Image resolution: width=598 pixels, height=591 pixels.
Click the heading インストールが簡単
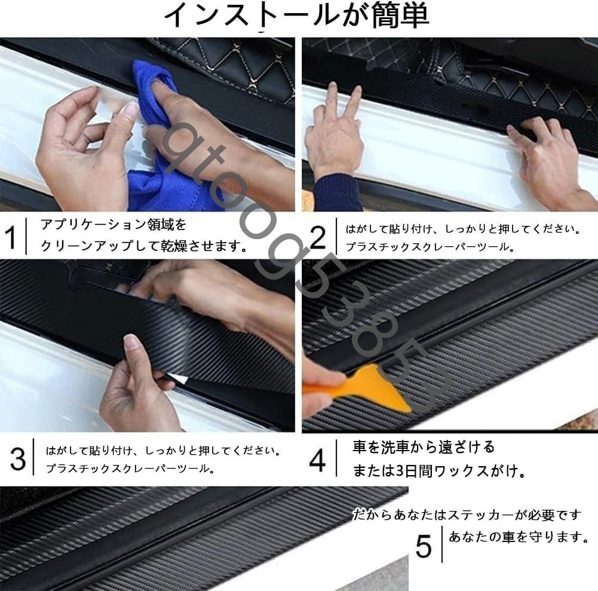297,16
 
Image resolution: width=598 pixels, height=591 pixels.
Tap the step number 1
11,237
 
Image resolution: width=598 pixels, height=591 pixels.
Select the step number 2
317,237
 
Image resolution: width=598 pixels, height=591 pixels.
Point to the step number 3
18,458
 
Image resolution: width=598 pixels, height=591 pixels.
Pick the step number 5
424,546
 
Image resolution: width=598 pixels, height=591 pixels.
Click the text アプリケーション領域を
114,224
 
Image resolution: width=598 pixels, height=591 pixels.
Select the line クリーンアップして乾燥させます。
144,246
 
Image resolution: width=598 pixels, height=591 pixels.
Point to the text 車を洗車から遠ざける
424,447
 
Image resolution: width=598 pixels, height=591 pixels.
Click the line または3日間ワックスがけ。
438,471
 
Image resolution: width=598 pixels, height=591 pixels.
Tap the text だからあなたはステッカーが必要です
467,515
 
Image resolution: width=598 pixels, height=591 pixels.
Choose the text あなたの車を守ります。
519,537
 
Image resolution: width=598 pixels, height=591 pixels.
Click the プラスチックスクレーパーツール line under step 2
430,247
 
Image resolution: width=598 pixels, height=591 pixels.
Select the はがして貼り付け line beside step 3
163,451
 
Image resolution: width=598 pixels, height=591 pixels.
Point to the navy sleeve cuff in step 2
338,192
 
